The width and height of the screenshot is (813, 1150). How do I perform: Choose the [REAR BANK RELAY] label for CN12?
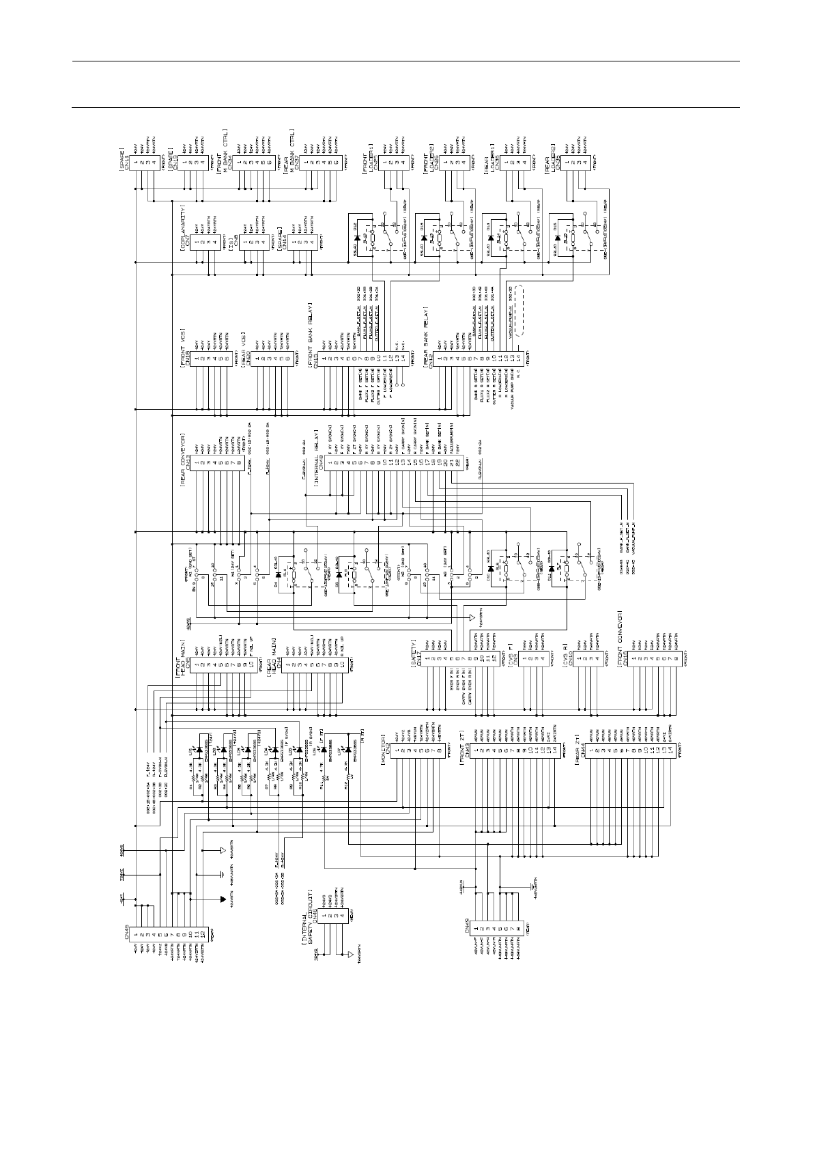point(425,341)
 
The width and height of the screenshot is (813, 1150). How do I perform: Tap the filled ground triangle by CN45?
point(222,899)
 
